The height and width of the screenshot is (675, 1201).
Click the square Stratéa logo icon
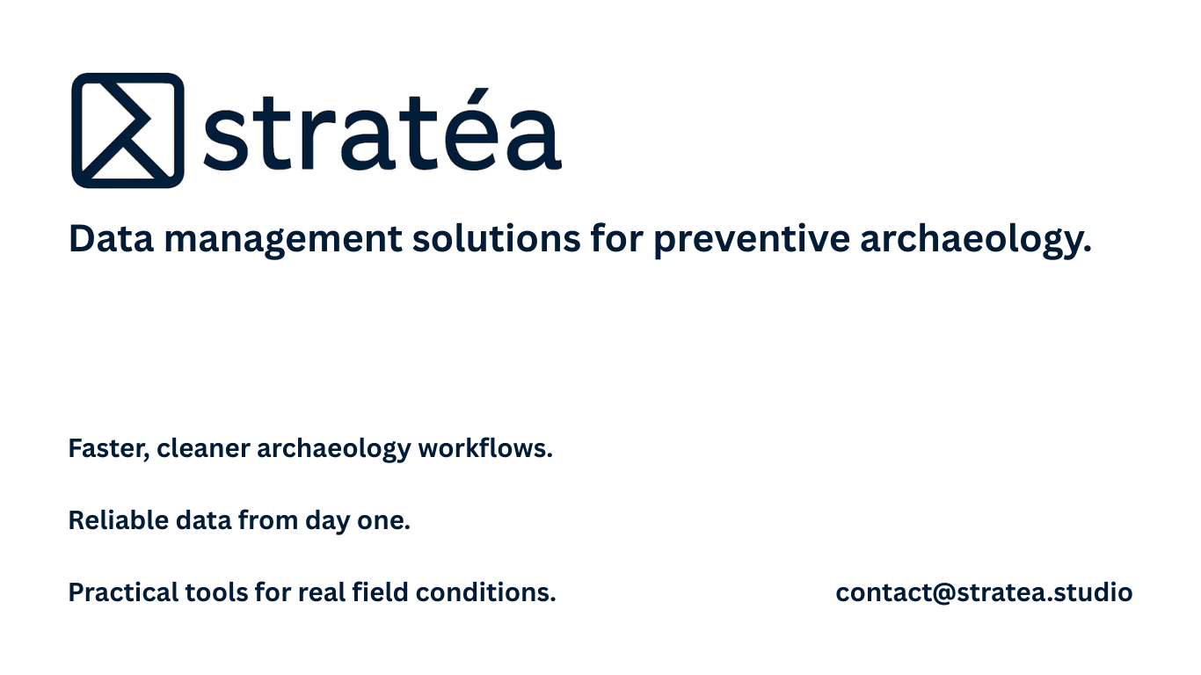pos(127,130)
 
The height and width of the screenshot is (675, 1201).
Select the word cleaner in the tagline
pos(203,448)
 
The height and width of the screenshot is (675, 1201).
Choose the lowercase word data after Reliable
pos(202,520)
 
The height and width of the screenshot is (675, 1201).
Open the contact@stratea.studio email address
pos(984,592)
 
